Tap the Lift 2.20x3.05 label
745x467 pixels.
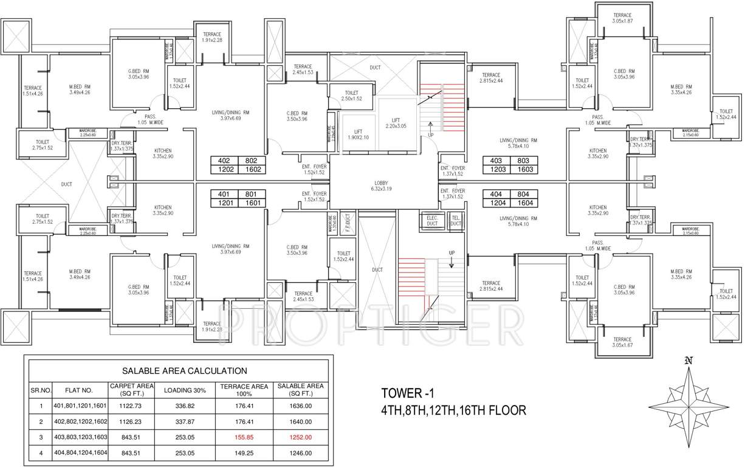coord(395,123)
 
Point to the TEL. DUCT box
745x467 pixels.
coord(455,220)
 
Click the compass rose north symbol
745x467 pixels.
coord(688,361)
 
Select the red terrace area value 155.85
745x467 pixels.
coord(244,437)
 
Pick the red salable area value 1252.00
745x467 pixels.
coord(300,437)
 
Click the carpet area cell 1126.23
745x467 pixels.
coord(131,421)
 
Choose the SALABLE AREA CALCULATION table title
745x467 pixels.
coord(184,370)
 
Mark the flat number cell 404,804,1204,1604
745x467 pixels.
coord(80,452)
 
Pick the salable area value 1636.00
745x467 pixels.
coord(300,406)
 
